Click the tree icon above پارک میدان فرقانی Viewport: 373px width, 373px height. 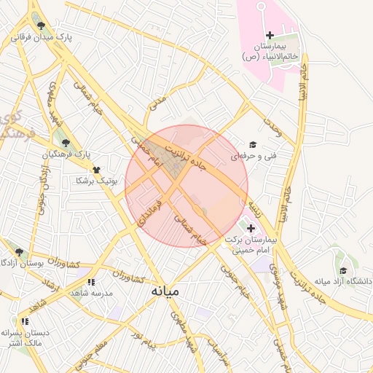click(x=40, y=25)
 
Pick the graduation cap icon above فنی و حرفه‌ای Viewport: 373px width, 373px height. click(x=253, y=145)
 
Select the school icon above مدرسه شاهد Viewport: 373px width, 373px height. click(x=91, y=282)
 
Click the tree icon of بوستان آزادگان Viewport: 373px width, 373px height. click(x=19, y=252)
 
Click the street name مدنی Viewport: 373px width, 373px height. click(x=157, y=103)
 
